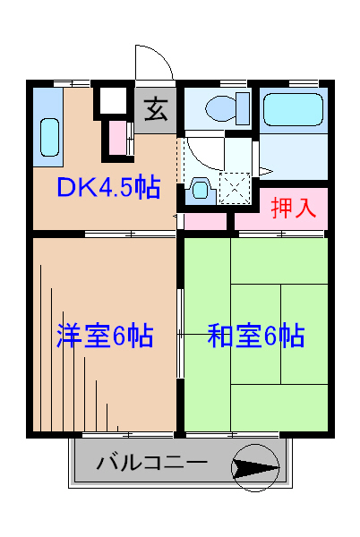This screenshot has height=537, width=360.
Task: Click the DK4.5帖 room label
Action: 108,188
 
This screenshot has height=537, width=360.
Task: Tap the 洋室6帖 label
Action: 104,336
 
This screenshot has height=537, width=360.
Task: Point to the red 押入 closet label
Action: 294,208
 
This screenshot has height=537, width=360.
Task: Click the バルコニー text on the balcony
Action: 151,465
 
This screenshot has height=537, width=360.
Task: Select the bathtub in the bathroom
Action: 293,112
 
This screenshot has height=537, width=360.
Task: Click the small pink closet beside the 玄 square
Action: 118,138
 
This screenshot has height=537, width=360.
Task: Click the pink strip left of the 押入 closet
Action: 208,217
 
